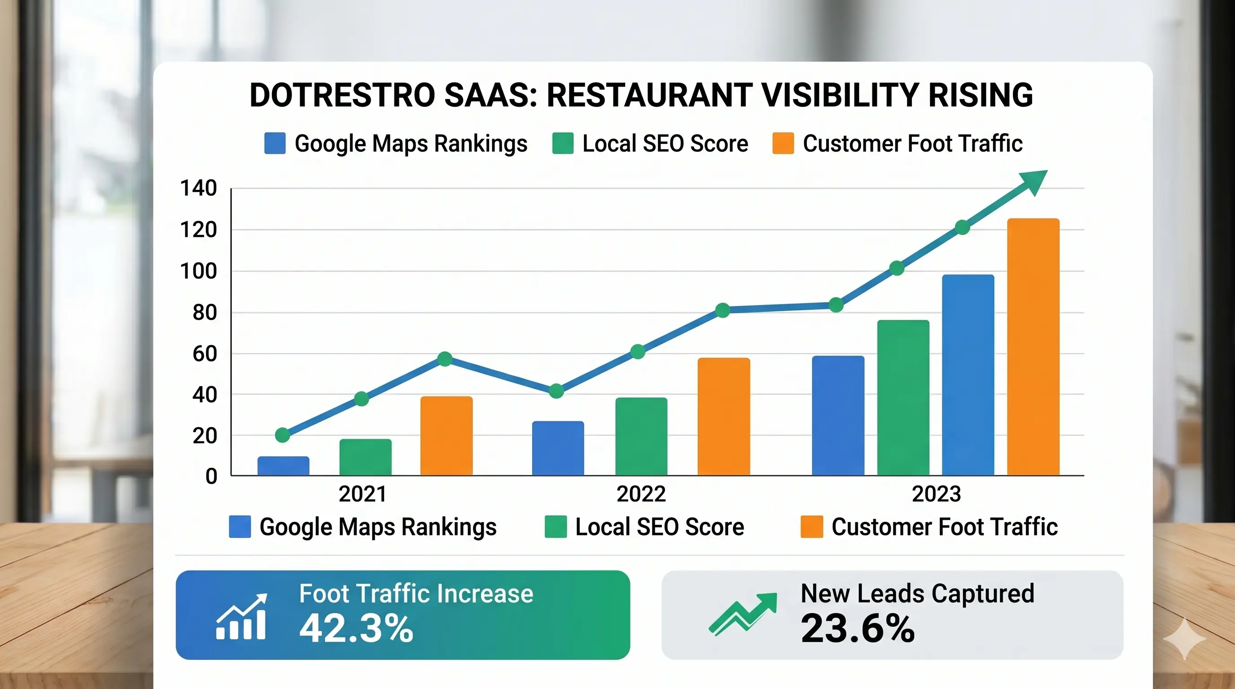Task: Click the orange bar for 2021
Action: click(447, 436)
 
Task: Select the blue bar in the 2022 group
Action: click(558, 449)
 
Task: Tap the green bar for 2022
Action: click(641, 436)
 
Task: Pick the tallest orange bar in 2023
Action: click(1033, 347)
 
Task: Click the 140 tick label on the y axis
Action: click(198, 188)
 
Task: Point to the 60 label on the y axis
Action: click(204, 354)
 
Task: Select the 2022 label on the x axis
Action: click(641, 494)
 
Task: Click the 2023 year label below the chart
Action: click(936, 494)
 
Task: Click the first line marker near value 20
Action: click(282, 435)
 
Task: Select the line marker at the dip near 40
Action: click(556, 391)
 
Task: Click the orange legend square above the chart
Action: click(783, 143)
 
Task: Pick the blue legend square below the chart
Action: click(240, 527)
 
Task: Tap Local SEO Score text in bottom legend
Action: click(659, 527)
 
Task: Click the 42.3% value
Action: click(356, 628)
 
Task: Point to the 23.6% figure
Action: click(857, 628)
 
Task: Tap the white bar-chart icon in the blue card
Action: click(241, 617)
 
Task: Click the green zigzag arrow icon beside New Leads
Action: click(743, 614)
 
